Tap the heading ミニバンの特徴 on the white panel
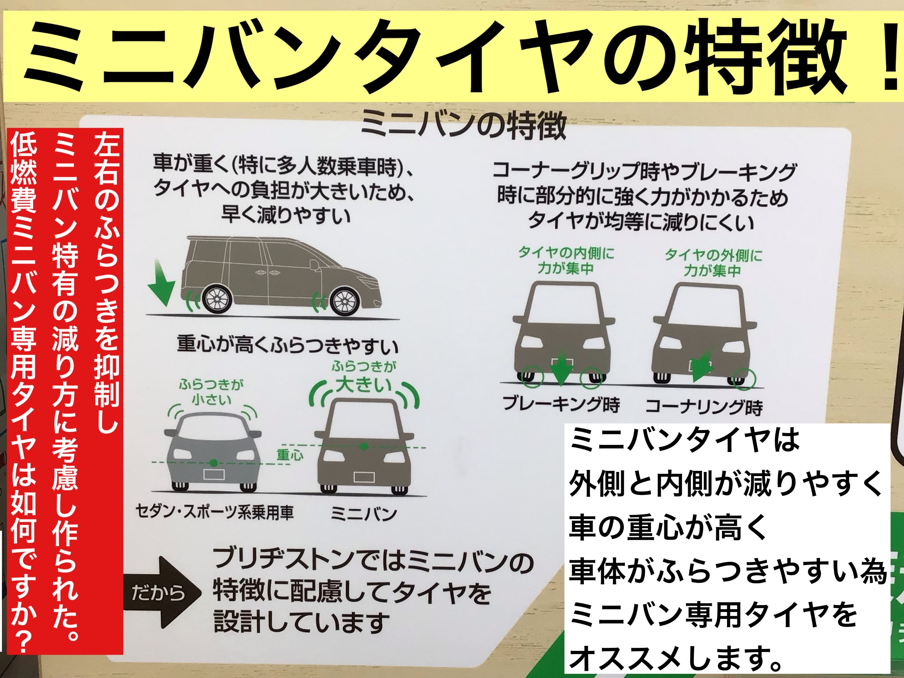coord(463,125)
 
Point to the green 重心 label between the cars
coord(290,455)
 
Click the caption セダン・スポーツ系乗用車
coord(214,512)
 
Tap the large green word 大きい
coord(363,385)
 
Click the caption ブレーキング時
coord(561,404)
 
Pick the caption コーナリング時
coord(704,407)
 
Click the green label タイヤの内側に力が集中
coord(566,260)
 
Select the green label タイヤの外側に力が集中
coord(713,263)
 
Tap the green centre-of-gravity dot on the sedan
coord(213,463)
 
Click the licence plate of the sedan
coord(214,475)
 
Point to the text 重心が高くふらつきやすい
coord(288,345)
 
